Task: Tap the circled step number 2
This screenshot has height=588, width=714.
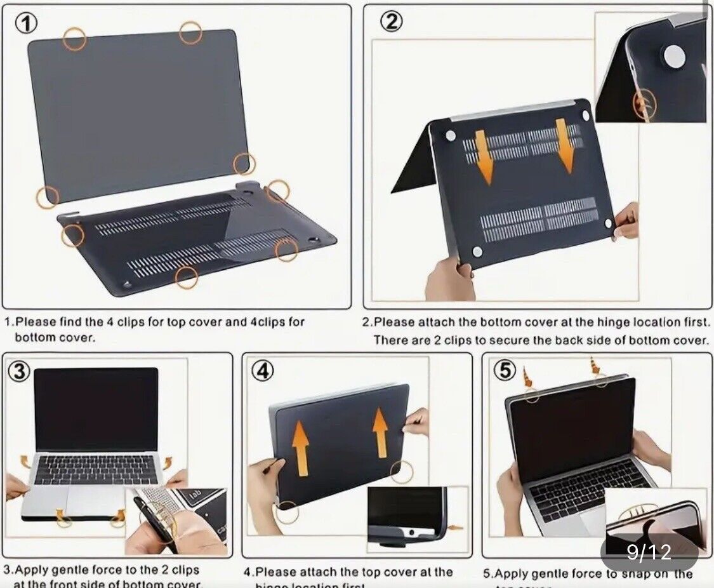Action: click(x=391, y=22)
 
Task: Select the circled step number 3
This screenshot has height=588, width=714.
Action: click(x=18, y=371)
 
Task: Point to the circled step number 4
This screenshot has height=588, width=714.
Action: click(x=262, y=371)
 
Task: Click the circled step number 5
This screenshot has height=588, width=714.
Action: click(x=505, y=370)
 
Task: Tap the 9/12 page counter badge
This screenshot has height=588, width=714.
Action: click(x=649, y=552)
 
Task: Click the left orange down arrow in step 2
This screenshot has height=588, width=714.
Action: click(x=484, y=157)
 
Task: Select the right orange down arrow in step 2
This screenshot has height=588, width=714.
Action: click(x=565, y=146)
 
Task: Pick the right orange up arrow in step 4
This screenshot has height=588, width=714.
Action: click(x=380, y=433)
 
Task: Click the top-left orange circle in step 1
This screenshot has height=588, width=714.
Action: click(x=74, y=39)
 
